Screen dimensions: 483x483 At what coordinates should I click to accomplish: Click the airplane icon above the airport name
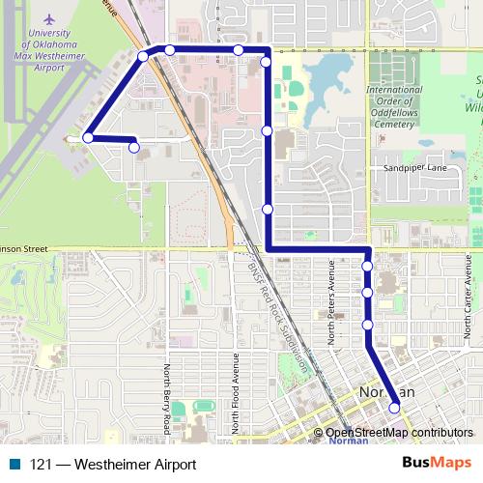click(x=48, y=18)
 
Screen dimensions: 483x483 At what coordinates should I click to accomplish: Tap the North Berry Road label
click(x=166, y=399)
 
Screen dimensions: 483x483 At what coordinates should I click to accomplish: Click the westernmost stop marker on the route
click(x=88, y=138)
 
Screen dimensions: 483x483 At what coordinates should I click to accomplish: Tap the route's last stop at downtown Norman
click(x=394, y=409)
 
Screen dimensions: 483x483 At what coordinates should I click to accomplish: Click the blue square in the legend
click(x=14, y=464)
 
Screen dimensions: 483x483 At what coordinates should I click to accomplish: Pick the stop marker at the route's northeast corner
click(x=266, y=62)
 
